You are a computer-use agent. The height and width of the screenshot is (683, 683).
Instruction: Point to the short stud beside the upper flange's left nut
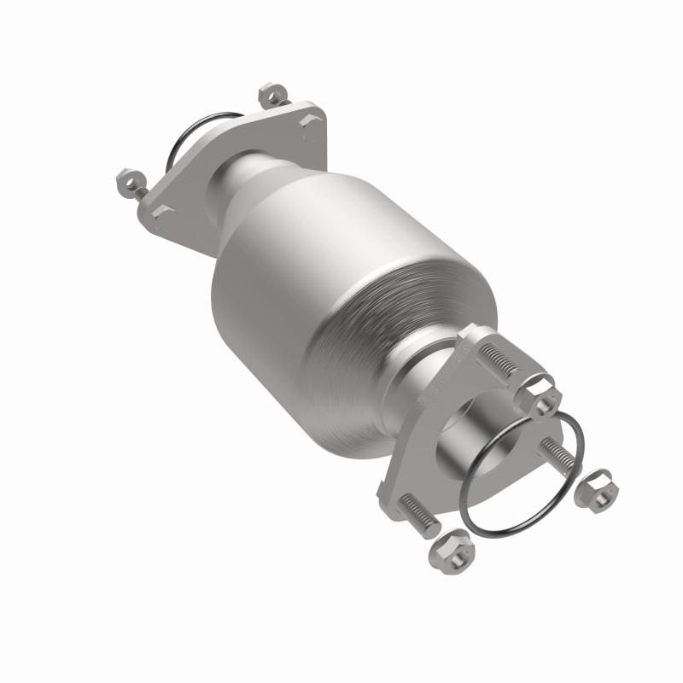coord(141,192)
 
